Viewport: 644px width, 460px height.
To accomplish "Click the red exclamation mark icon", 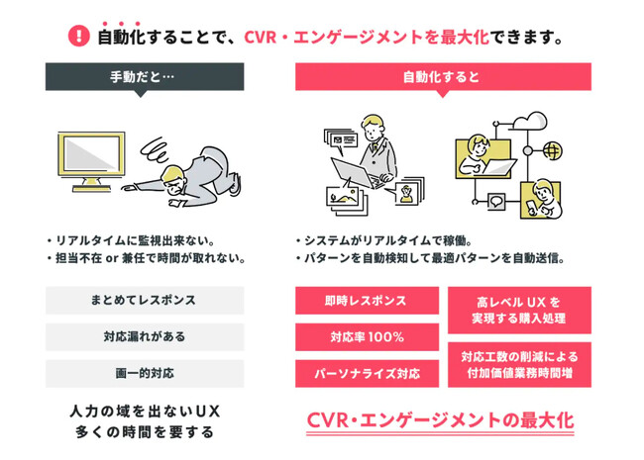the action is (x=78, y=36).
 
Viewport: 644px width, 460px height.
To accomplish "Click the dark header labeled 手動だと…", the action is (x=145, y=77).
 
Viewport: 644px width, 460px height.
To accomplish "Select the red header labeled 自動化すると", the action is (x=443, y=77).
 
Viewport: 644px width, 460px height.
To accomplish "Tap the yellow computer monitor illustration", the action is (x=91, y=161).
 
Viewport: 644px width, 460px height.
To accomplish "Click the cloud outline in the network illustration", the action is (x=530, y=121).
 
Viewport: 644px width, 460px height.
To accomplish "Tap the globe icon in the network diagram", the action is (x=552, y=151).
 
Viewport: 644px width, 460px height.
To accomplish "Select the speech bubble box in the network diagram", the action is (x=496, y=201).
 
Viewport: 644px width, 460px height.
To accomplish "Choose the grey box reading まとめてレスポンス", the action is (x=145, y=300).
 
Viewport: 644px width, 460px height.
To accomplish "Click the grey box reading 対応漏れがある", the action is (x=145, y=337).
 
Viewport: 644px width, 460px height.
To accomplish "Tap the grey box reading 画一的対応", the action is (x=145, y=374).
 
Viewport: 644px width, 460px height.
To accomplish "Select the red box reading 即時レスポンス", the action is (x=367, y=301).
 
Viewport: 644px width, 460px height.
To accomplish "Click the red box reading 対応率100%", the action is (x=367, y=337).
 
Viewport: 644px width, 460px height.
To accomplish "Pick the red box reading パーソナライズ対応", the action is (x=367, y=374).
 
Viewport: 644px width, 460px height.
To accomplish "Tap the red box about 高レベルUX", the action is (x=519, y=310).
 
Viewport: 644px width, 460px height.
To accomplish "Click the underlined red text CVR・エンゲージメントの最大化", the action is (x=440, y=421).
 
